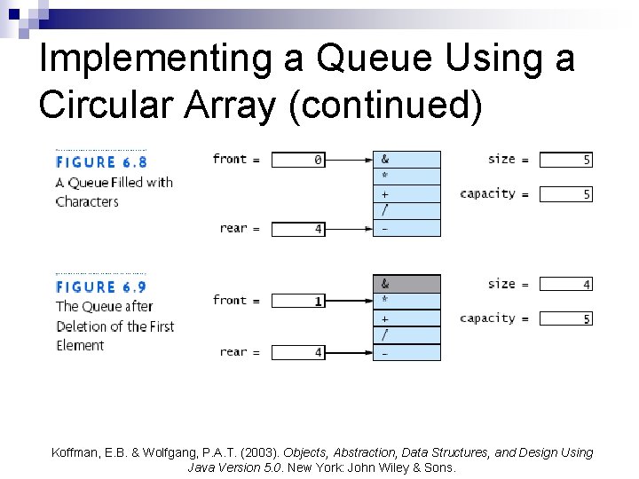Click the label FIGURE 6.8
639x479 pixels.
101,162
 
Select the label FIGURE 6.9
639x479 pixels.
101,287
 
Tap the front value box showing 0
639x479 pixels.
297,160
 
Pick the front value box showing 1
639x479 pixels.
297,302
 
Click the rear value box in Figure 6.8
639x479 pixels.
297,229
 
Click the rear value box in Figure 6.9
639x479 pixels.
297,353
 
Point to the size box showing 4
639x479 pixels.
565,285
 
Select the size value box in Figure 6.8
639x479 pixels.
565,161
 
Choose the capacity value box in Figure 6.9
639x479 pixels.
565,319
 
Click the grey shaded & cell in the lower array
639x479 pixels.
406,285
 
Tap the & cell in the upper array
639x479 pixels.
406,160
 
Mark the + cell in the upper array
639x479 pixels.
406,193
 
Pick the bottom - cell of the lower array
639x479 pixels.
406,352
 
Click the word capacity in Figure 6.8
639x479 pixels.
487,193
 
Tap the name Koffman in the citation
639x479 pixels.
77,452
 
